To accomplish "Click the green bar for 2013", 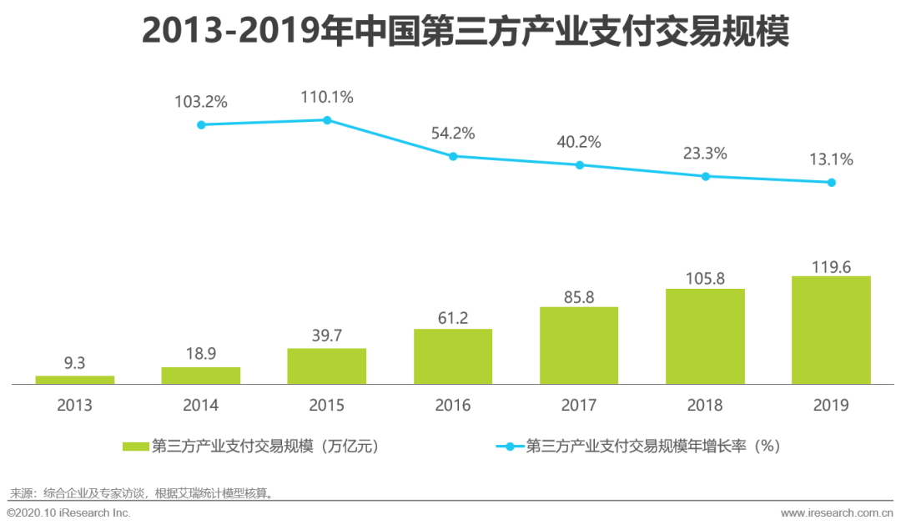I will coord(75,380).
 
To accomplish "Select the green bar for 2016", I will coord(453,356).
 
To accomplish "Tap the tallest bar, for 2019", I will coord(831,330).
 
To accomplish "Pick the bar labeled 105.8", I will coord(705,336).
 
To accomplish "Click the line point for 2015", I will coord(327,120).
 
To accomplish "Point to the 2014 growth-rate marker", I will coord(201,124).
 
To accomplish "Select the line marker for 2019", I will coord(831,182).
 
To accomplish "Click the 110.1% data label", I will coord(327,98).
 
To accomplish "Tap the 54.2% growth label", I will coord(453,133).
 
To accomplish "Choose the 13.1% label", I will coord(831,159).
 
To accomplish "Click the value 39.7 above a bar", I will coord(327,334).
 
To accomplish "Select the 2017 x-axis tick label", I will coord(579,406).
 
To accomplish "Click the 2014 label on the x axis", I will coord(201,406).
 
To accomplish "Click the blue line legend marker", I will coord(510,447).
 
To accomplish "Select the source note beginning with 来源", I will coord(142,492).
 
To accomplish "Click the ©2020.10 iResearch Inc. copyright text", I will coord(68,512).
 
